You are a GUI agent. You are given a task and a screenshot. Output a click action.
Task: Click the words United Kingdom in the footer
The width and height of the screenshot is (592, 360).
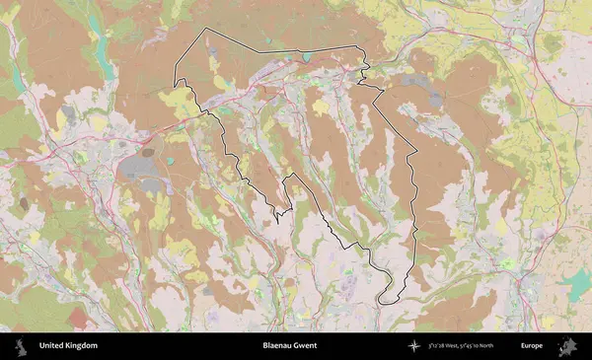[68, 346]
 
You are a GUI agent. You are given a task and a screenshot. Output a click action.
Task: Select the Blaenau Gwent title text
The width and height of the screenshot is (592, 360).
[290, 346]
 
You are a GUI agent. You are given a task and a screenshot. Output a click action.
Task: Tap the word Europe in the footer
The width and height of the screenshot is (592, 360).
[532, 346]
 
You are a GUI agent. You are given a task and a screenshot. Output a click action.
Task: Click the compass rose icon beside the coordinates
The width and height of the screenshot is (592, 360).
[415, 346]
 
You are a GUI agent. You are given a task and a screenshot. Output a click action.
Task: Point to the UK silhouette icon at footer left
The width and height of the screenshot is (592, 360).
[20, 346]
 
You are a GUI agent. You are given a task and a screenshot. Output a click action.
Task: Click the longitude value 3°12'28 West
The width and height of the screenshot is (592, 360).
[447, 346]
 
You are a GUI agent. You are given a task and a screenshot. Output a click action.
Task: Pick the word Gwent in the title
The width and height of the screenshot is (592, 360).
[305, 346]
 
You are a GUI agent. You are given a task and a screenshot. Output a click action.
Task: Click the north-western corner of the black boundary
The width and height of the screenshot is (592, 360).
[206, 30]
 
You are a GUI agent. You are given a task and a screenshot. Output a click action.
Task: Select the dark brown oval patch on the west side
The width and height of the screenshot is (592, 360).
[23, 203]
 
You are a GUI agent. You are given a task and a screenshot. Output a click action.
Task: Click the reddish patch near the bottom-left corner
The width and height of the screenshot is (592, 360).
[77, 318]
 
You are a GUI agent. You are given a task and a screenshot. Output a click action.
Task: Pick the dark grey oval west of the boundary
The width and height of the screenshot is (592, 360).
[148, 153]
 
